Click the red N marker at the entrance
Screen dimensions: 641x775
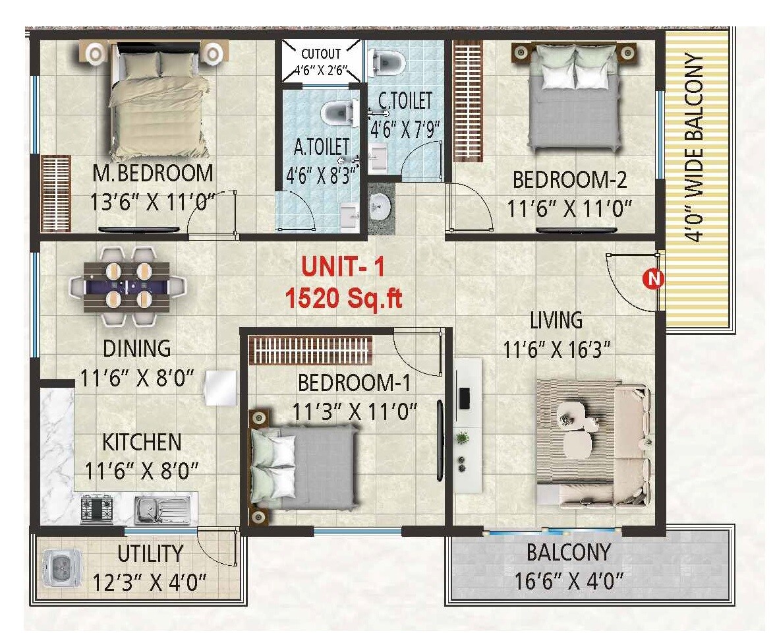[x=653, y=279]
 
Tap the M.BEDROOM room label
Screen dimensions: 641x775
[x=153, y=173]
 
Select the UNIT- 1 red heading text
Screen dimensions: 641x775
[x=342, y=268]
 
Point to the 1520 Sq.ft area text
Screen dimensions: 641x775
[x=343, y=298]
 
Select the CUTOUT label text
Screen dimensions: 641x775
[x=321, y=54]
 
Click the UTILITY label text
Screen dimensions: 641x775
[x=150, y=553]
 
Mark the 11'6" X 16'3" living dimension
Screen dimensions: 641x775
[x=557, y=349]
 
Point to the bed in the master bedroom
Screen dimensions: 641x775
[x=158, y=99]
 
